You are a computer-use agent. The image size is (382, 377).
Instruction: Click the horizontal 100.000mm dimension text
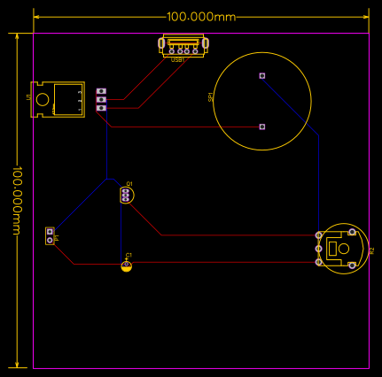202,17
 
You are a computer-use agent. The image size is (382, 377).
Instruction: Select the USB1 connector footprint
182,43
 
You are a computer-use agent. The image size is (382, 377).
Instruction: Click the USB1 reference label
177,58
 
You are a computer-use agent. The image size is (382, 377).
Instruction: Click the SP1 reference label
211,97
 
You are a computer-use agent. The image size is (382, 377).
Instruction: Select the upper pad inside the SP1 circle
262,76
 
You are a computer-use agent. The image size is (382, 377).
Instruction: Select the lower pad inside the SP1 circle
262,127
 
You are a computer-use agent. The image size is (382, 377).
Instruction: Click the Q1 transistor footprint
127,195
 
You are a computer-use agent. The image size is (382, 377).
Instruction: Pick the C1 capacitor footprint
127,265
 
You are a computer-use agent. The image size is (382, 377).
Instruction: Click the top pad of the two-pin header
50,232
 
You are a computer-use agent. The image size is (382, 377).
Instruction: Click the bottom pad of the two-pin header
50,240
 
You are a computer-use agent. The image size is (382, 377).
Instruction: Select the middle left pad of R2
319,250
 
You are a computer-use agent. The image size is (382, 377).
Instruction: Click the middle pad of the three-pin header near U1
101,100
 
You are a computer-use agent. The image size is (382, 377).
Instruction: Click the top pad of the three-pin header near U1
101,92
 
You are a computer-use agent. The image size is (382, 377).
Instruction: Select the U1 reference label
28,96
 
